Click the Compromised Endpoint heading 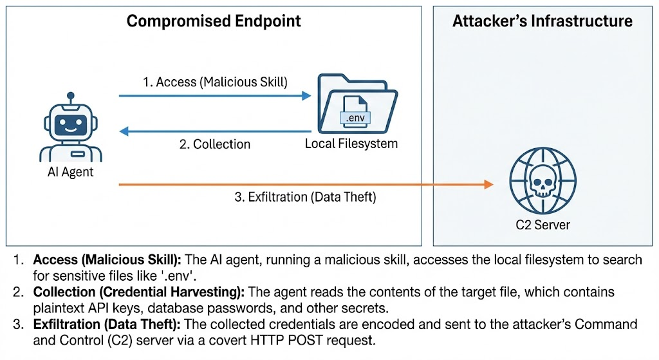tap(214, 21)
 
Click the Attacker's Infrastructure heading tap(542, 21)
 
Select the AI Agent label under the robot tap(70, 172)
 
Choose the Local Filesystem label tap(351, 144)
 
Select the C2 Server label tap(539, 225)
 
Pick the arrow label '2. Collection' tap(214, 144)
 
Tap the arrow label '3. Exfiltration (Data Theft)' tap(304, 197)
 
